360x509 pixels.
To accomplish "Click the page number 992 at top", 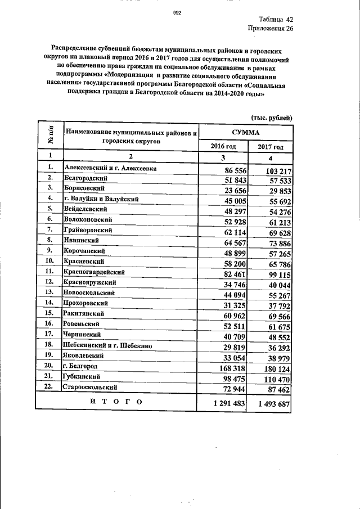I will coord(176,12).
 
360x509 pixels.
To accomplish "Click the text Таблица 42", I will coord(276,20).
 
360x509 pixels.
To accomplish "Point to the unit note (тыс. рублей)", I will coord(271,118).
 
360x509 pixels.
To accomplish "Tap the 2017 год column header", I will coord(271,147).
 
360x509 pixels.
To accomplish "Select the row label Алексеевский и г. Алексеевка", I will coord(110,168).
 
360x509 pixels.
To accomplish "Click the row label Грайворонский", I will coord(88,229).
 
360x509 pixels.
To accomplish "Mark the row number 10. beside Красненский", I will coord(50,260).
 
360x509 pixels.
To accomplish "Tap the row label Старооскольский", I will coord(91,388).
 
